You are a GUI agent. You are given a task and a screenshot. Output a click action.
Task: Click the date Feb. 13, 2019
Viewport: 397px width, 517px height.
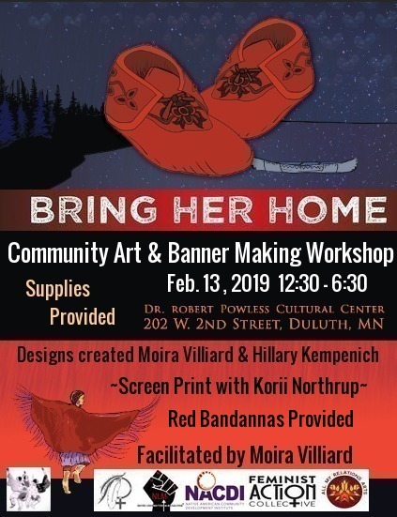coord(217,282)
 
